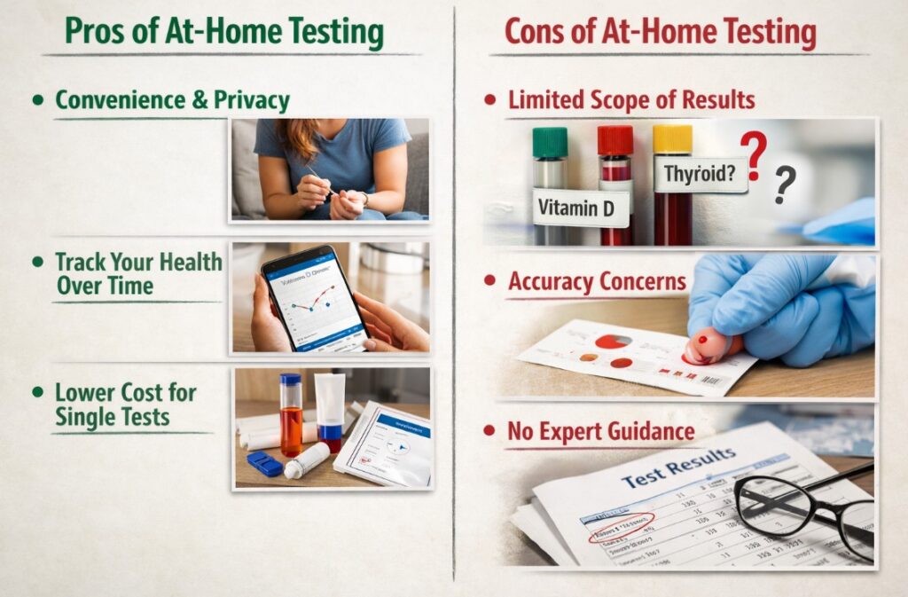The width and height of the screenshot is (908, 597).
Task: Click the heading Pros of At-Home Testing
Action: [224, 33]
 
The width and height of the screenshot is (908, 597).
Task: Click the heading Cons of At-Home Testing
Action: [660, 33]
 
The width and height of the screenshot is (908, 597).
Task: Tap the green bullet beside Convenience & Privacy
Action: [37, 100]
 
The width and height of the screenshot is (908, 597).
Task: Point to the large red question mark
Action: [752, 154]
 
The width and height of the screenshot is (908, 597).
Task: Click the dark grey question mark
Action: [784, 185]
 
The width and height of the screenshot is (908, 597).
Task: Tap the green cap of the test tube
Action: [550, 143]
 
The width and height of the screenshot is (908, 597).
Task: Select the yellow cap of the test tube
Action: [671, 139]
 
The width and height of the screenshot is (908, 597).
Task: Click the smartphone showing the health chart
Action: [315, 297]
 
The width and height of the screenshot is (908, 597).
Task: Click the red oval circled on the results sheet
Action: [622, 524]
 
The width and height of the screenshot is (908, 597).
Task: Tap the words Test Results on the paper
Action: [678, 467]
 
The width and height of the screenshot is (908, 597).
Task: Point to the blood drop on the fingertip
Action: [702, 339]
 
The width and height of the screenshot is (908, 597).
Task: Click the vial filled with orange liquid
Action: [291, 417]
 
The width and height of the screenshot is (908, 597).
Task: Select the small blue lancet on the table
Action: [264, 463]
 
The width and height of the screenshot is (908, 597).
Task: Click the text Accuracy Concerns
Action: [597, 282]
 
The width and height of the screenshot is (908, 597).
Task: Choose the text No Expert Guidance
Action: [600, 432]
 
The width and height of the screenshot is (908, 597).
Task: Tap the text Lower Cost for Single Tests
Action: [125, 405]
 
